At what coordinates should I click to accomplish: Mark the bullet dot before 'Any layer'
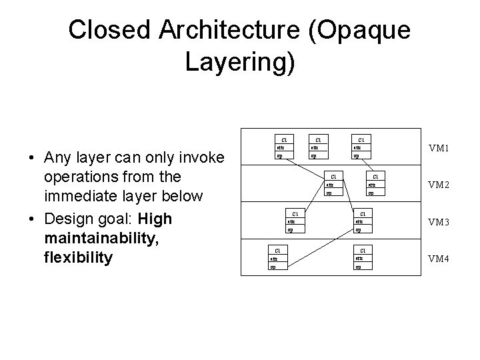tap(31, 159)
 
